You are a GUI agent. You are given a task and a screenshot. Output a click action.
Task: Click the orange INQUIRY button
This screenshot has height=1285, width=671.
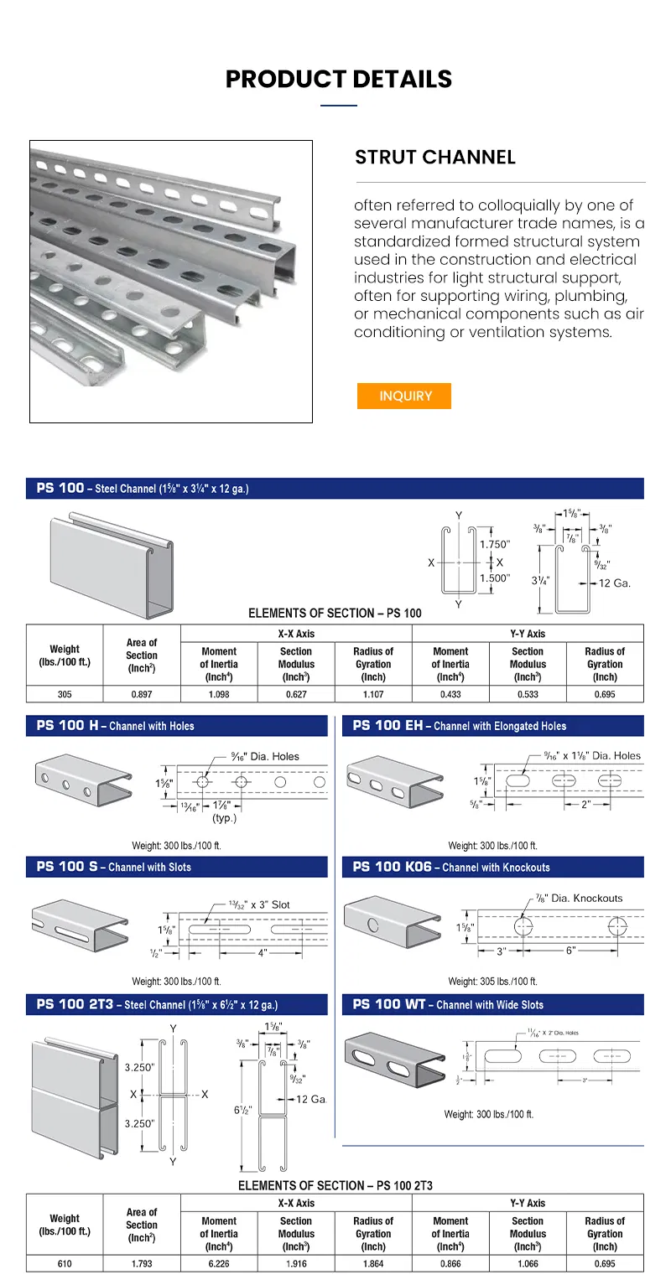pyautogui.click(x=405, y=396)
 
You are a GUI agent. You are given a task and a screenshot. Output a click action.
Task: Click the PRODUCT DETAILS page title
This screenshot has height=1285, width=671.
pyautogui.click(x=339, y=79)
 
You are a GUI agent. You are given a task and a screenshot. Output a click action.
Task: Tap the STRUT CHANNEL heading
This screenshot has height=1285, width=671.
pyautogui.click(x=434, y=157)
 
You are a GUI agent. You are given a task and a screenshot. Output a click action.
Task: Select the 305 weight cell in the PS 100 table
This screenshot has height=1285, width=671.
pyautogui.click(x=65, y=694)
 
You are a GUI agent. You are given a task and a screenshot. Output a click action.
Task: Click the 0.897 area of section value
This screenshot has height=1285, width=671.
pyautogui.click(x=142, y=694)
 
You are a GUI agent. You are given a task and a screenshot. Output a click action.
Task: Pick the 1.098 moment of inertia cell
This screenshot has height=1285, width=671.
pyautogui.click(x=219, y=694)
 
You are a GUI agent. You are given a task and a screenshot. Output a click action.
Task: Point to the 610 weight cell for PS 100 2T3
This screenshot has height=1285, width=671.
pyautogui.click(x=65, y=1264)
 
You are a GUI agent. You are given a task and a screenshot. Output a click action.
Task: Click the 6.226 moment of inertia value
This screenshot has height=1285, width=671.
pyautogui.click(x=219, y=1264)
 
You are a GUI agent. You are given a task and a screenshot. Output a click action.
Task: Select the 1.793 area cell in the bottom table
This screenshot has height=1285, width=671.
pyautogui.click(x=142, y=1264)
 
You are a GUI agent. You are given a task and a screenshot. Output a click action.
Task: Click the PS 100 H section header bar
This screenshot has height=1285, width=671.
pyautogui.click(x=176, y=726)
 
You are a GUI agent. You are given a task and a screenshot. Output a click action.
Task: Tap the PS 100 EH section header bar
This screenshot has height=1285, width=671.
pyautogui.click(x=492, y=726)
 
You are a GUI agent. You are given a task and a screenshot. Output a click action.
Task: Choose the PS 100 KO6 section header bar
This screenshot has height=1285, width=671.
pyautogui.click(x=492, y=867)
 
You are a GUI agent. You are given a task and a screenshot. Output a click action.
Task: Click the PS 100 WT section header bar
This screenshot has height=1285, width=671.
pyautogui.click(x=492, y=1004)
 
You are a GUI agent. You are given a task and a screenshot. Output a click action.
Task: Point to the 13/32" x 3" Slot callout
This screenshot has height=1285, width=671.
pyautogui.click(x=259, y=904)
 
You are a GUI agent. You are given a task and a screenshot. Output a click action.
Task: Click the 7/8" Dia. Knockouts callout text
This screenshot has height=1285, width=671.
pyautogui.click(x=579, y=898)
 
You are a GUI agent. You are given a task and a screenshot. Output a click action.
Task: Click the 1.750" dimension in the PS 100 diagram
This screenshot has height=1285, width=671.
pyautogui.click(x=495, y=544)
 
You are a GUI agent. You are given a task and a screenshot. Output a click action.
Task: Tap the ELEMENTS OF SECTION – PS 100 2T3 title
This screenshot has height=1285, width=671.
pyautogui.click(x=335, y=1185)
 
